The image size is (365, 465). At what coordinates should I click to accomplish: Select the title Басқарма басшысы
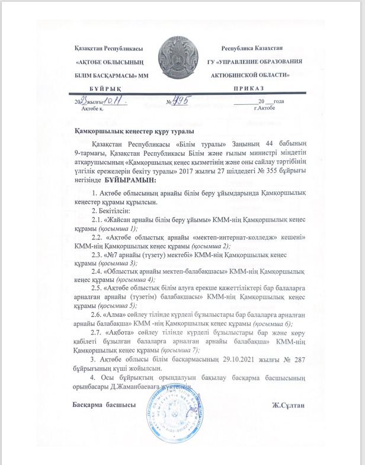click(x=101, y=405)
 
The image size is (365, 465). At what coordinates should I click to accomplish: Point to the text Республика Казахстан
click(x=252, y=47)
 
